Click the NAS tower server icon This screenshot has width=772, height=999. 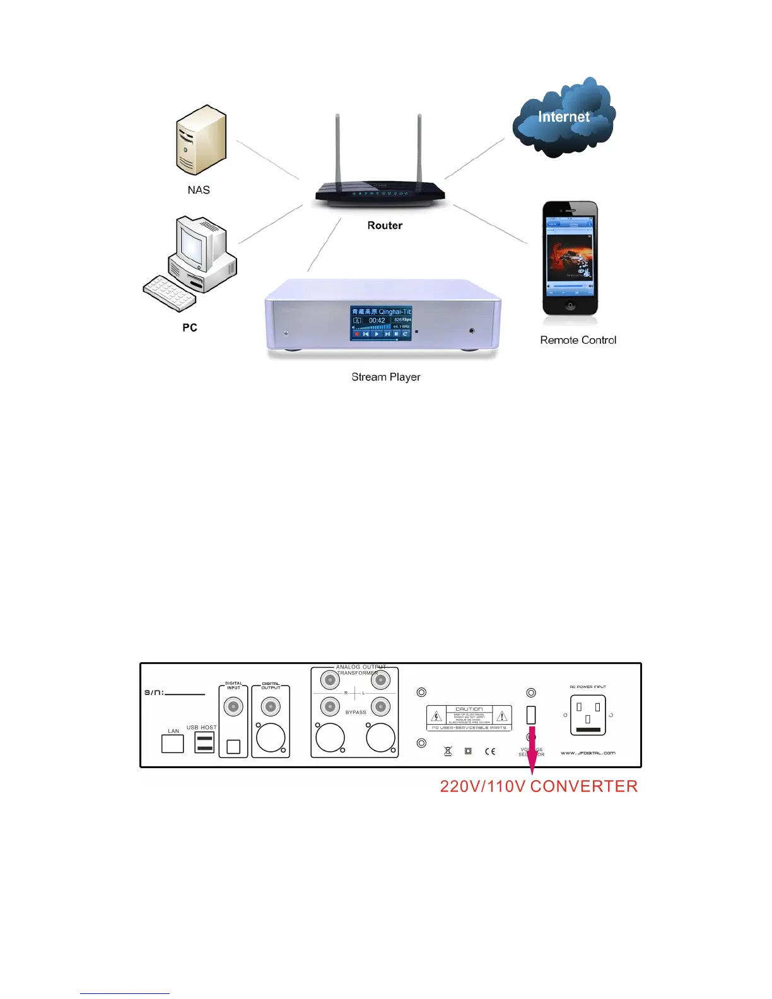(x=200, y=141)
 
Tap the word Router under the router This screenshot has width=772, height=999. (x=385, y=226)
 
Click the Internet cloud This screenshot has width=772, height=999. (x=563, y=119)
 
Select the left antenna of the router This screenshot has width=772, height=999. (x=338, y=149)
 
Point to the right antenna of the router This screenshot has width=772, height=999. (x=419, y=149)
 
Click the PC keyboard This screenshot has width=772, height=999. (x=168, y=293)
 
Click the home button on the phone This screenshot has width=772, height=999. (x=570, y=306)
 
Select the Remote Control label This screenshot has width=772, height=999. (x=578, y=340)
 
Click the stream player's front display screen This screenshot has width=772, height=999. (x=381, y=324)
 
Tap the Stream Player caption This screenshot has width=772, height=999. (x=385, y=377)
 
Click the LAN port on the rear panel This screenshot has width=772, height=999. (x=173, y=744)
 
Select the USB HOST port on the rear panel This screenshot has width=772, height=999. (x=204, y=742)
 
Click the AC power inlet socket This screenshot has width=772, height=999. (x=588, y=715)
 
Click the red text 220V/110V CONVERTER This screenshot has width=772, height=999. (x=539, y=786)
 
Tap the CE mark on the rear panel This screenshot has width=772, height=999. (x=490, y=751)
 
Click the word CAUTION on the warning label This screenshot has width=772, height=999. (x=469, y=709)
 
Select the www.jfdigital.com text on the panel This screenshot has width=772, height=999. (x=588, y=753)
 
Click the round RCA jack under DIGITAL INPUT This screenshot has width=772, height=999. (x=233, y=706)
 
